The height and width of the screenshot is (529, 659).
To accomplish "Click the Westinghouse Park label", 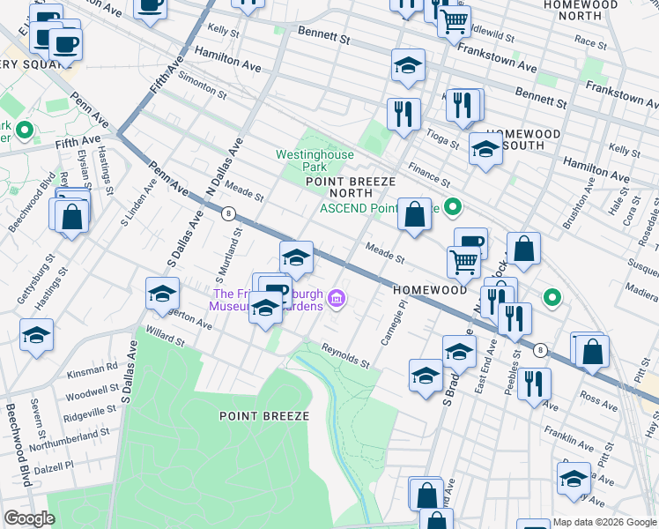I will (x=315, y=160).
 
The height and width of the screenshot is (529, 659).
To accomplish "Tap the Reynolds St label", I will (x=344, y=355).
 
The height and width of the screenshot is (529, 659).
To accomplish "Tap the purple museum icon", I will (x=336, y=301).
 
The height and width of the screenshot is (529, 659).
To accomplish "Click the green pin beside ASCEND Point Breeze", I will (x=453, y=208).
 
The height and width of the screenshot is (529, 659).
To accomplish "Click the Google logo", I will (x=29, y=518).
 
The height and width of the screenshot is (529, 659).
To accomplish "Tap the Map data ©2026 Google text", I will (x=604, y=522).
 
